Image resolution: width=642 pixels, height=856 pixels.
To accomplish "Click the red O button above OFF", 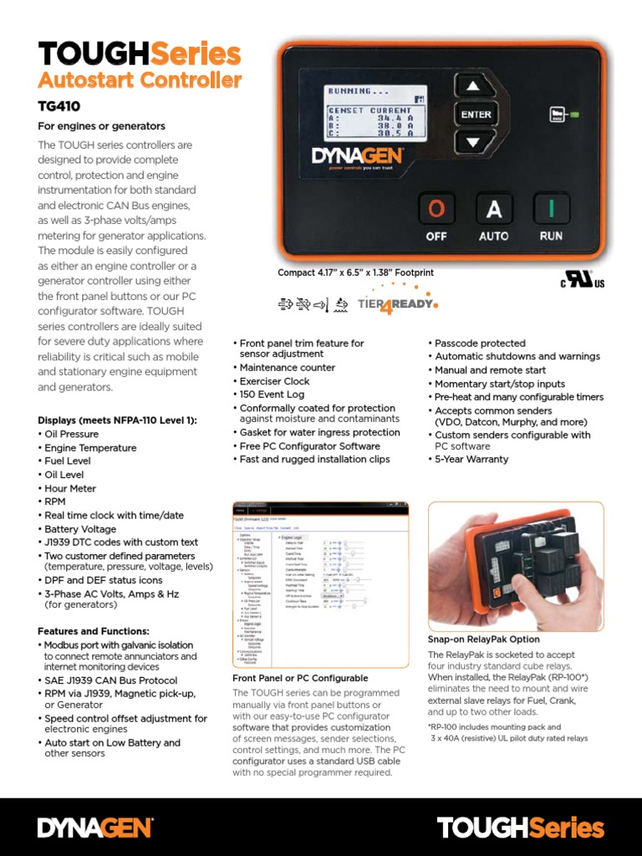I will pos(436,209).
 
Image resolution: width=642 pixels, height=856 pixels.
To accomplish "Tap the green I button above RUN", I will pos(551,209).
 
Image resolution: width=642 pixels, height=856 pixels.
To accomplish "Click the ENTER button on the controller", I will pos(473,115).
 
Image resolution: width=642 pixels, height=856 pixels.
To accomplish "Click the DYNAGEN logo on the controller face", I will pos(358,156).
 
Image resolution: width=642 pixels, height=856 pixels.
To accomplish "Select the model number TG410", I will pos(59,107).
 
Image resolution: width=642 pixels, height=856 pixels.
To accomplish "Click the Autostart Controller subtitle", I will pos(140,81).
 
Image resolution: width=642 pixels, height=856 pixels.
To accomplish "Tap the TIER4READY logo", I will pos(396,304).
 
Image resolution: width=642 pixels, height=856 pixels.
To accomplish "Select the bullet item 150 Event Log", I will pos(272,395).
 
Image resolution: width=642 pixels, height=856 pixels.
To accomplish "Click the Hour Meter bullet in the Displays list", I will pos(70,488).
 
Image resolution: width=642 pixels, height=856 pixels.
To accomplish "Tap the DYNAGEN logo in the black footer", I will pos(94,828).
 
